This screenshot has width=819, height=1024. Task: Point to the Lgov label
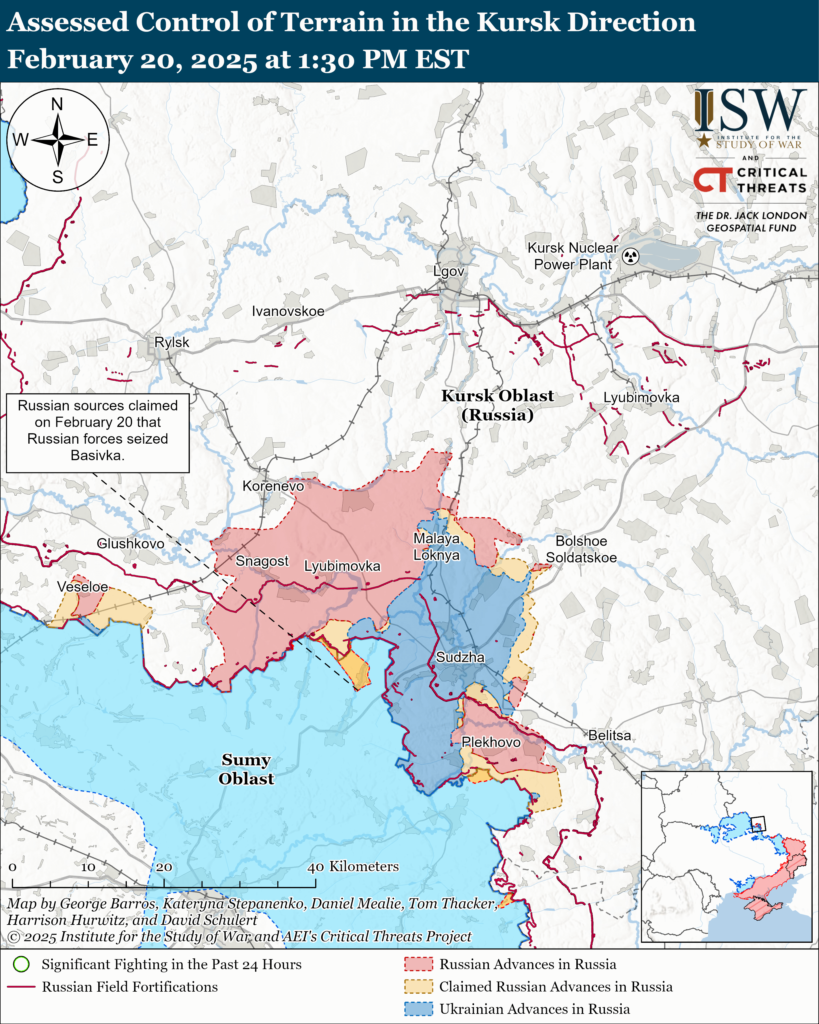[x=448, y=271]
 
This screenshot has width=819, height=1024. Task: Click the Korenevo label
[x=273, y=486]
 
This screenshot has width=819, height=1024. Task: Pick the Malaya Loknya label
[x=436, y=547]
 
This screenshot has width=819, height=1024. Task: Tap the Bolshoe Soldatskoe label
[x=581, y=549]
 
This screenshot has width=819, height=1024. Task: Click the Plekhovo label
[x=491, y=742]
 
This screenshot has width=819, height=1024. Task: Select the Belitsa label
[x=610, y=735]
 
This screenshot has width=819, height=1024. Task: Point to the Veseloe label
[x=83, y=587]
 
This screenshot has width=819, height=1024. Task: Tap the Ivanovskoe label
[x=288, y=311]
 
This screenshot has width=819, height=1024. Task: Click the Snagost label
[x=262, y=561]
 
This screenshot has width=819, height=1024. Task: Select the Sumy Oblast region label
[x=246, y=769]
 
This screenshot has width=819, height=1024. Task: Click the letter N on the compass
[x=57, y=104]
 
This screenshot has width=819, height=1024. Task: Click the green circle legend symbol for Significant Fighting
[x=21, y=964]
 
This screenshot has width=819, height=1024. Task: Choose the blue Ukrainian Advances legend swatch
[x=418, y=1009]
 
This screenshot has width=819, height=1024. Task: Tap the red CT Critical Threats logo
[x=712, y=179]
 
